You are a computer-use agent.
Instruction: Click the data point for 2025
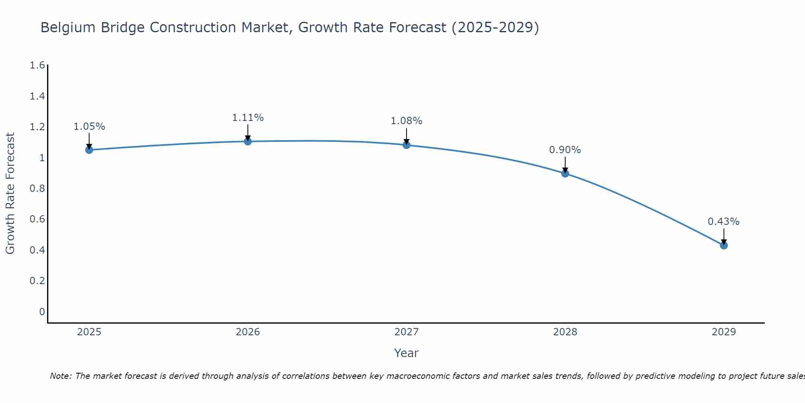click(89, 150)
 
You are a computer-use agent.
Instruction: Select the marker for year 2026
click(248, 141)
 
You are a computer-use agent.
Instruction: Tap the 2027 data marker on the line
click(407, 145)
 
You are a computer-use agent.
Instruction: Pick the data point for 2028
click(565, 174)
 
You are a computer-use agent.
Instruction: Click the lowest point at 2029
click(724, 245)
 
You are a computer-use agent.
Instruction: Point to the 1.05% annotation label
click(89, 127)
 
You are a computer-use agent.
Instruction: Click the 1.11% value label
click(248, 118)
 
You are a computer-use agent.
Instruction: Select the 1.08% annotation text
click(407, 121)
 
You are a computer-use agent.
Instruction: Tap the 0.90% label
click(565, 150)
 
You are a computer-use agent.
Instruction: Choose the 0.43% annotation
click(724, 222)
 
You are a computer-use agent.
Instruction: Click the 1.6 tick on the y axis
click(37, 65)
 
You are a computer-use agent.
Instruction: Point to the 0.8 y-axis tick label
click(37, 189)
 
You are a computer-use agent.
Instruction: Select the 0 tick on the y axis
click(42, 312)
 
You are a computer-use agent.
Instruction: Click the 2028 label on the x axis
click(565, 332)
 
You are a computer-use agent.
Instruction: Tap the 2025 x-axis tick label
click(89, 332)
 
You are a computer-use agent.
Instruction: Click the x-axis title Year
click(407, 353)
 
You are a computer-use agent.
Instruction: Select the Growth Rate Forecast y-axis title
click(10, 193)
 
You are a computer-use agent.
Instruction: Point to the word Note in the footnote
click(60, 376)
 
